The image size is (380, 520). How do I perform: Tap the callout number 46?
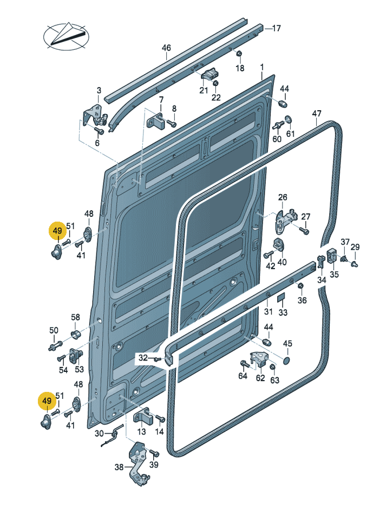pyautogui.click(x=166, y=48)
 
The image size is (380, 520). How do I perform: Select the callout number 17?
pyautogui.click(x=276, y=28)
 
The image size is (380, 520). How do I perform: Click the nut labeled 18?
pyautogui.click(x=239, y=54)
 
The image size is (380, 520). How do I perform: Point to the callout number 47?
pyautogui.click(x=317, y=114)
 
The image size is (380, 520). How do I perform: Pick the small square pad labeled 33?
pyautogui.click(x=281, y=298)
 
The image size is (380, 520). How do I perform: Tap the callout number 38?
pyautogui.click(x=119, y=468)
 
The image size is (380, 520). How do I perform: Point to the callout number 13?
pyautogui.click(x=141, y=431)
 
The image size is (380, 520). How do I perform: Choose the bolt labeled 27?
pyautogui.click(x=304, y=231)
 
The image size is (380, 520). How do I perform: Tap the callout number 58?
pyautogui.click(x=75, y=317)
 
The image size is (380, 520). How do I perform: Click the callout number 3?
pyautogui.click(x=99, y=90)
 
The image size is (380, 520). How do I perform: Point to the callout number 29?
pyautogui.click(x=355, y=247)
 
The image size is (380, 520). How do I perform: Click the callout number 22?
pyautogui.click(x=216, y=97)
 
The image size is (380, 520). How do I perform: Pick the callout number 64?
pyautogui.click(x=243, y=376)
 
